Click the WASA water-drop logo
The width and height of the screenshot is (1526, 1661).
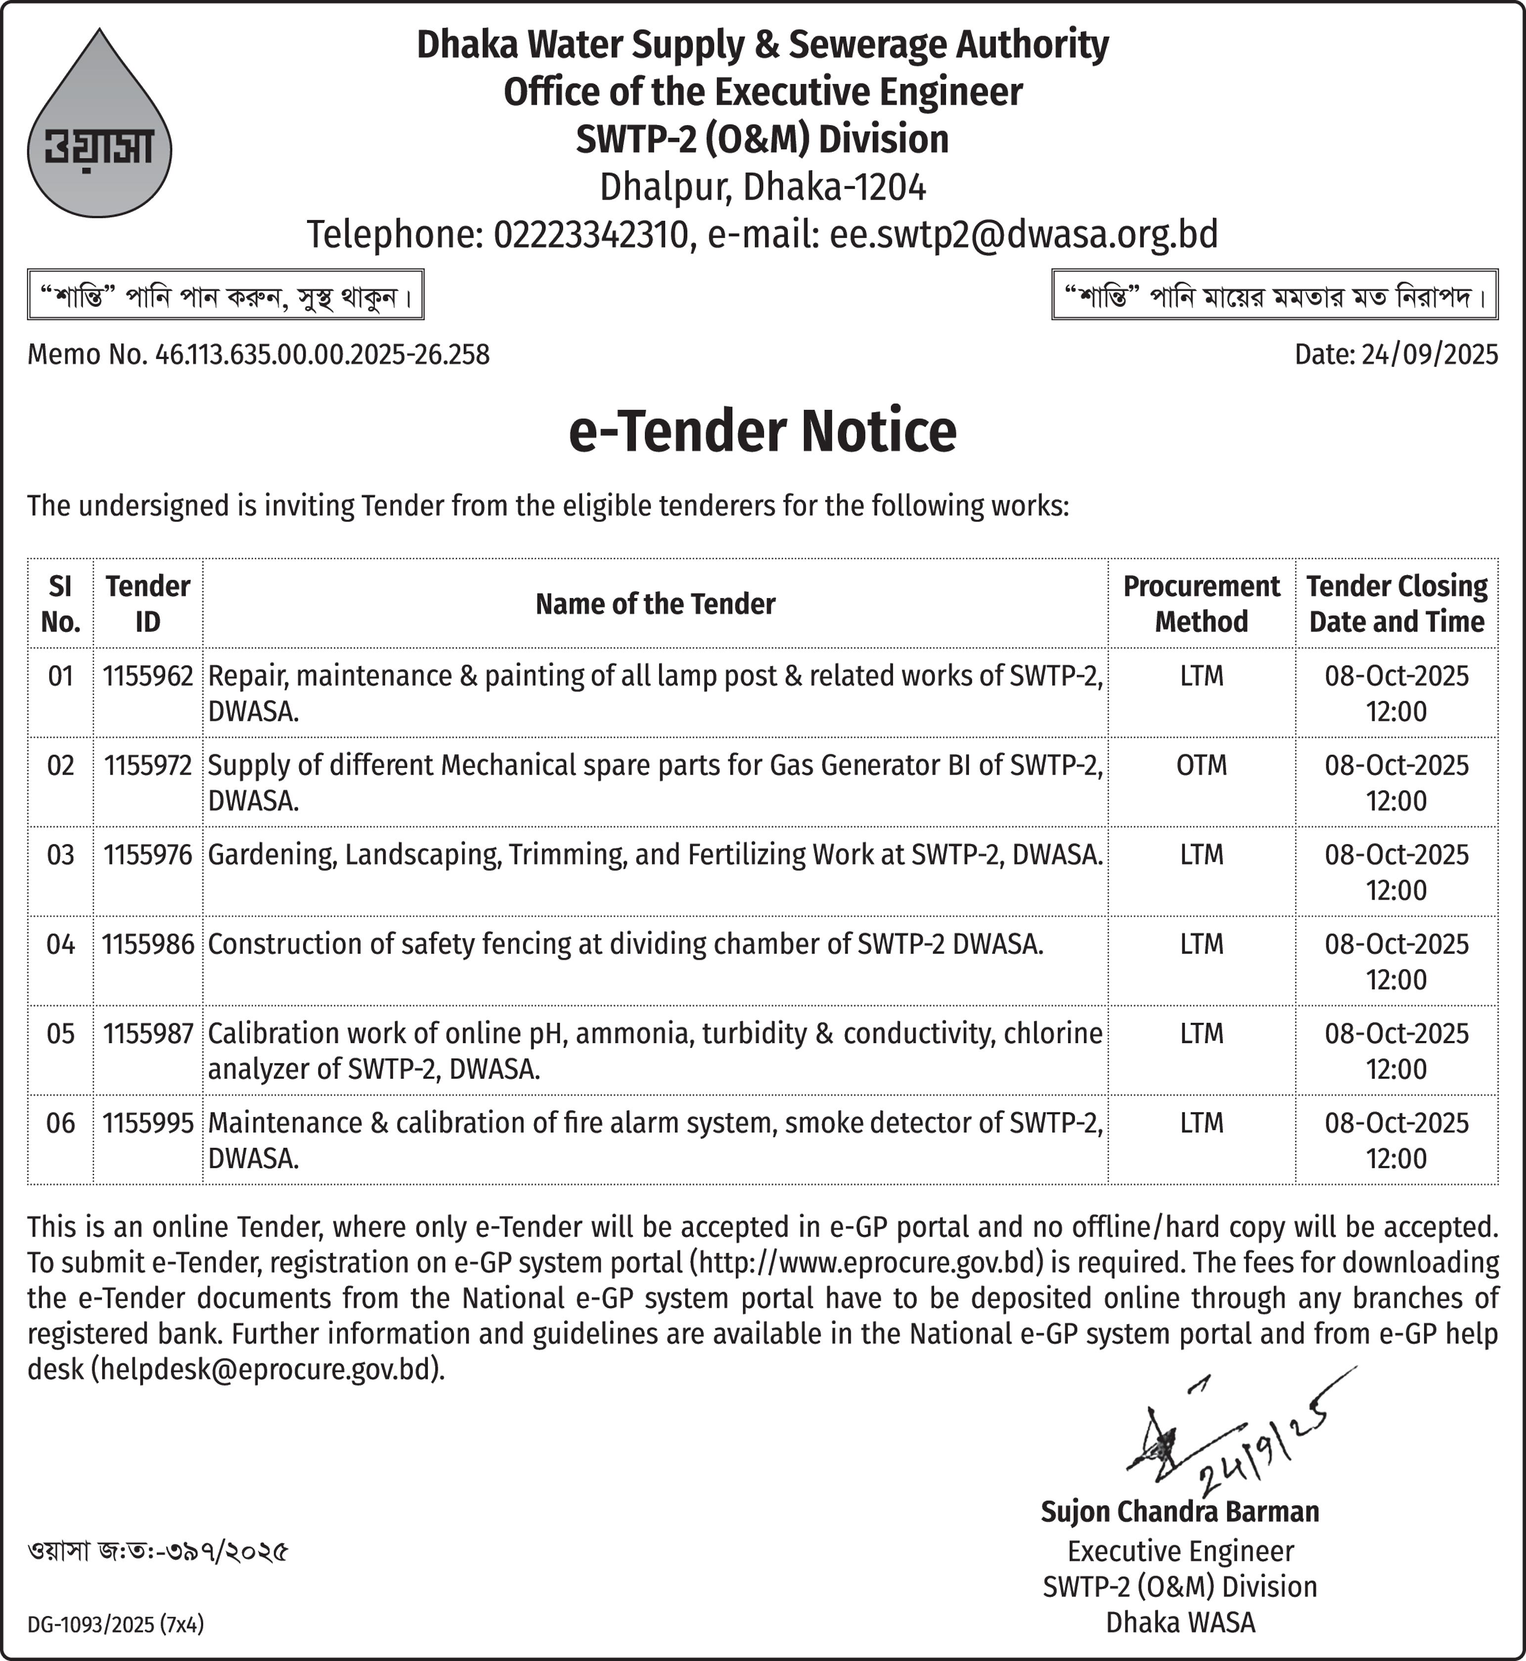99,132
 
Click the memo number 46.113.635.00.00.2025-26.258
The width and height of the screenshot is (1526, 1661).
322,355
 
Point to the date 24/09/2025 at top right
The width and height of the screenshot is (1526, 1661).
1429,355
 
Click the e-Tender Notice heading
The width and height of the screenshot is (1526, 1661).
762,431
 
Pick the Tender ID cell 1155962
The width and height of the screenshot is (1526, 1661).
148,676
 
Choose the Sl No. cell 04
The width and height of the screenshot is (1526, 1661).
60,944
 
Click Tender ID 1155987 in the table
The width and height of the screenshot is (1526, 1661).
148,1034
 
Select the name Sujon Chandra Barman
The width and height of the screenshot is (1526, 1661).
1179,1512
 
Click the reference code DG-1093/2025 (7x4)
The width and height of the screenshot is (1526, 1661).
116,1625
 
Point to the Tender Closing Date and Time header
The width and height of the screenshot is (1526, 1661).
1396,604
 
